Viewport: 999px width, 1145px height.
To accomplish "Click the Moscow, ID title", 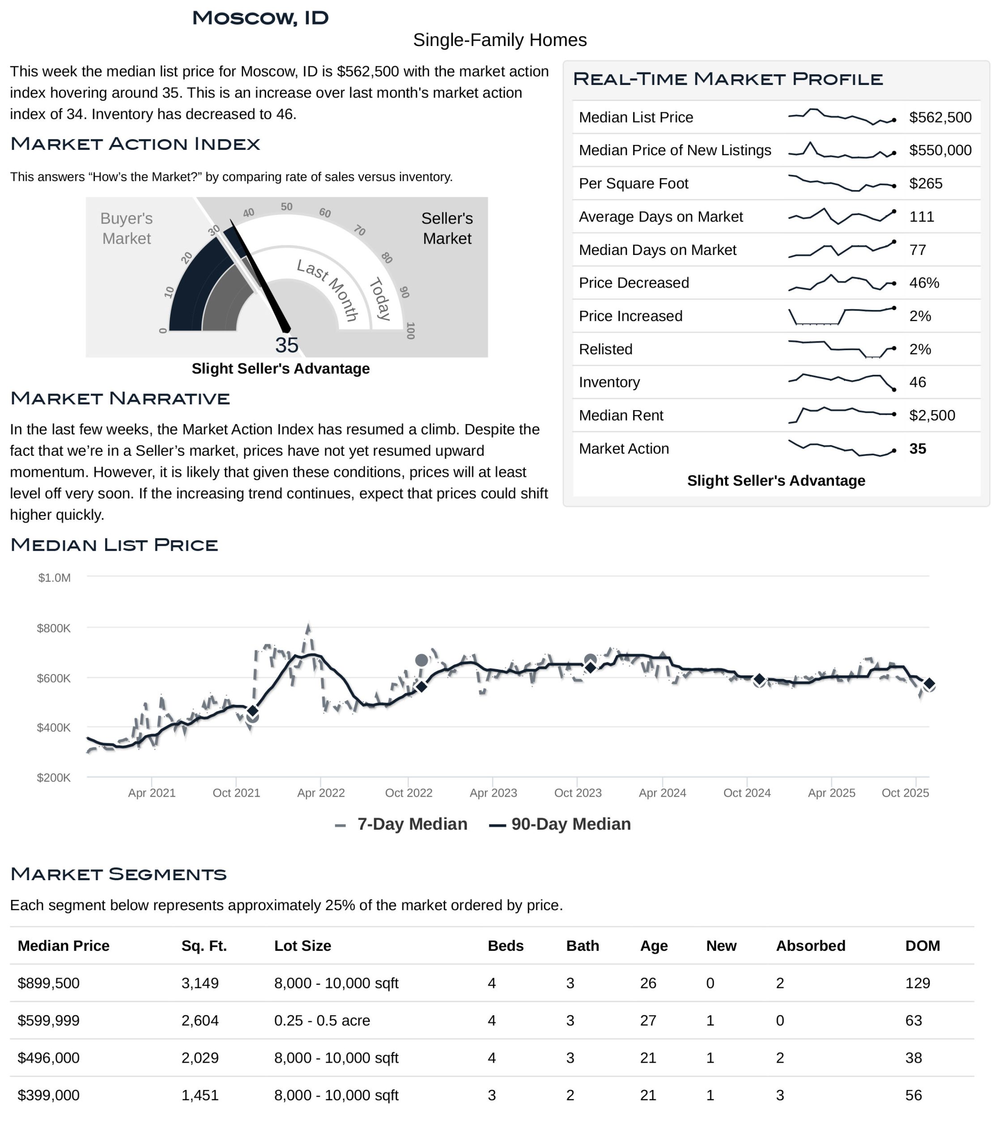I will point(260,18).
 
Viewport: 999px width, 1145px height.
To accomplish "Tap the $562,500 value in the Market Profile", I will point(940,118).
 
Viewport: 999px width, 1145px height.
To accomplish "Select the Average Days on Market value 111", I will point(922,217).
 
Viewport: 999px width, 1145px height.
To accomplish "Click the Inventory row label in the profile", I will point(609,382).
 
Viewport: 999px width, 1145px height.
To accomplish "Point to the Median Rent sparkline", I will point(842,415).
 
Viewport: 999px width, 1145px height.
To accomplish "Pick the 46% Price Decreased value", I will point(924,283).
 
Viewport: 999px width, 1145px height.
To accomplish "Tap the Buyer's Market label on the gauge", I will point(127,229).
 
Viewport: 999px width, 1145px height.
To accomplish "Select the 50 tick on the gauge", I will point(286,207).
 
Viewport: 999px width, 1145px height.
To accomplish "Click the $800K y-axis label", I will point(54,629).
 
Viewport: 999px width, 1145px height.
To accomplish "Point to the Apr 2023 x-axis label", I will point(493,793).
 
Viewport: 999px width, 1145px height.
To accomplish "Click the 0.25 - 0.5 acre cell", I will point(322,1021).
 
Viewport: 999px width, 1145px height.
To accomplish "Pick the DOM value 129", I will point(918,984).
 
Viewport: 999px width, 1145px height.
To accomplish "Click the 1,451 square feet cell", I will point(200,1095).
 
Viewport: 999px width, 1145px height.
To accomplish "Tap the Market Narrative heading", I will point(120,399).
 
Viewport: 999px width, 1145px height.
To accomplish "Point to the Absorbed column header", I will point(811,946).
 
